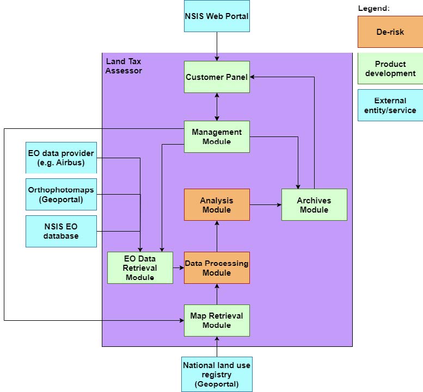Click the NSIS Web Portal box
217,16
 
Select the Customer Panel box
217,77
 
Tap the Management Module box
217,136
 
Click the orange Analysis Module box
217,205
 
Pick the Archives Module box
314,205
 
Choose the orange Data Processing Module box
217,267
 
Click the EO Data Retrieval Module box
140,267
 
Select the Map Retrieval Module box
217,320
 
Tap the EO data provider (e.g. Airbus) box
61,158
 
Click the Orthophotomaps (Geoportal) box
61,194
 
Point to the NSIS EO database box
61,231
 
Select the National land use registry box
217,375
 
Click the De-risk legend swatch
390,32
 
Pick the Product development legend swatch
390,69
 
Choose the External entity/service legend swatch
390,105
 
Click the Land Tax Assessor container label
124,66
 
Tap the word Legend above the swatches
373,8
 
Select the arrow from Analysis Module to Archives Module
266,205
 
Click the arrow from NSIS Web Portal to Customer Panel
217,47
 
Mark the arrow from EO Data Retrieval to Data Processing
179,267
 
